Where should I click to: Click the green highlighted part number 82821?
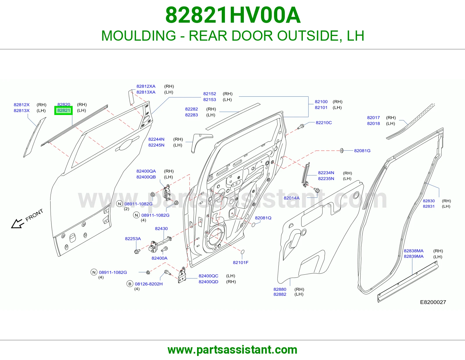(x=64, y=111)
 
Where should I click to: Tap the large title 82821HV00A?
(x=233, y=15)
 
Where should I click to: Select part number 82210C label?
(x=323, y=123)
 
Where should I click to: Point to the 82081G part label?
(x=362, y=151)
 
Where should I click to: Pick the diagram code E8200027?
(x=433, y=302)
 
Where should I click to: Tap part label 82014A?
(x=291, y=198)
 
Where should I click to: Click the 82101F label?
(x=241, y=262)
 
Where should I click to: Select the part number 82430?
(x=161, y=228)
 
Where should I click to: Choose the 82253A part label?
(x=133, y=239)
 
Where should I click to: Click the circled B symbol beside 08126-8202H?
(x=130, y=284)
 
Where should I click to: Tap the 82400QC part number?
(x=208, y=276)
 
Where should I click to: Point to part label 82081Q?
(x=263, y=218)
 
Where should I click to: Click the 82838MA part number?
(x=414, y=251)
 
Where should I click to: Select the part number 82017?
(x=373, y=118)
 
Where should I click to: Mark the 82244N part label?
(x=156, y=139)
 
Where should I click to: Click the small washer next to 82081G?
(x=341, y=151)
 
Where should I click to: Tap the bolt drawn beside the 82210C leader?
(x=301, y=127)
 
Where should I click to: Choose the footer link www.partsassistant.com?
(x=233, y=350)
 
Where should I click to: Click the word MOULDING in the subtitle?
(x=138, y=36)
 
